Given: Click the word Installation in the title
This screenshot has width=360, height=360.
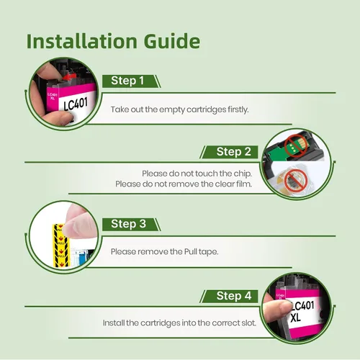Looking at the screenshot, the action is point(81,41).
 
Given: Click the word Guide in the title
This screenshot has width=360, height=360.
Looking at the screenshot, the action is point(172,41).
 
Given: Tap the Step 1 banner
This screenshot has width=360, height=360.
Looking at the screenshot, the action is point(131,81).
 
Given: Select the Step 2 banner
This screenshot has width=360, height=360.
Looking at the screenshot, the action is point(229,152).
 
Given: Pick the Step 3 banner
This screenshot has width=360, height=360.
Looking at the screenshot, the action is point(131,225).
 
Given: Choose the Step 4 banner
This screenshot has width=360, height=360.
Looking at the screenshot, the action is point(229,296).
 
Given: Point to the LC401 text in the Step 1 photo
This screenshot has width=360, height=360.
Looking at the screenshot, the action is point(76,104).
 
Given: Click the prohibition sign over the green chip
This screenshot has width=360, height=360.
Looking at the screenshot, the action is point(296,146).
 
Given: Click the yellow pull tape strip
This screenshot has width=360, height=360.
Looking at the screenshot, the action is point(60,246).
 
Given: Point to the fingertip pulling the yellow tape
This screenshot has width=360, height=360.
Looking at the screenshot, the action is point(74,227).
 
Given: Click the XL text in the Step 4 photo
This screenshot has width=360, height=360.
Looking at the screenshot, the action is point(295,318).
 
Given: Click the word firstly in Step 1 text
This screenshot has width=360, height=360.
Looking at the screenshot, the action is point(238,109).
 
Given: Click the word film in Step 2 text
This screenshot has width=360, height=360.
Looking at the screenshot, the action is point(244,184).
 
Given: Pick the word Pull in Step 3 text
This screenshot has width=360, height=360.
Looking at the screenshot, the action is point(191,252).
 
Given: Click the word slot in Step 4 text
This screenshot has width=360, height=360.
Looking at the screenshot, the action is point(248,323).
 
